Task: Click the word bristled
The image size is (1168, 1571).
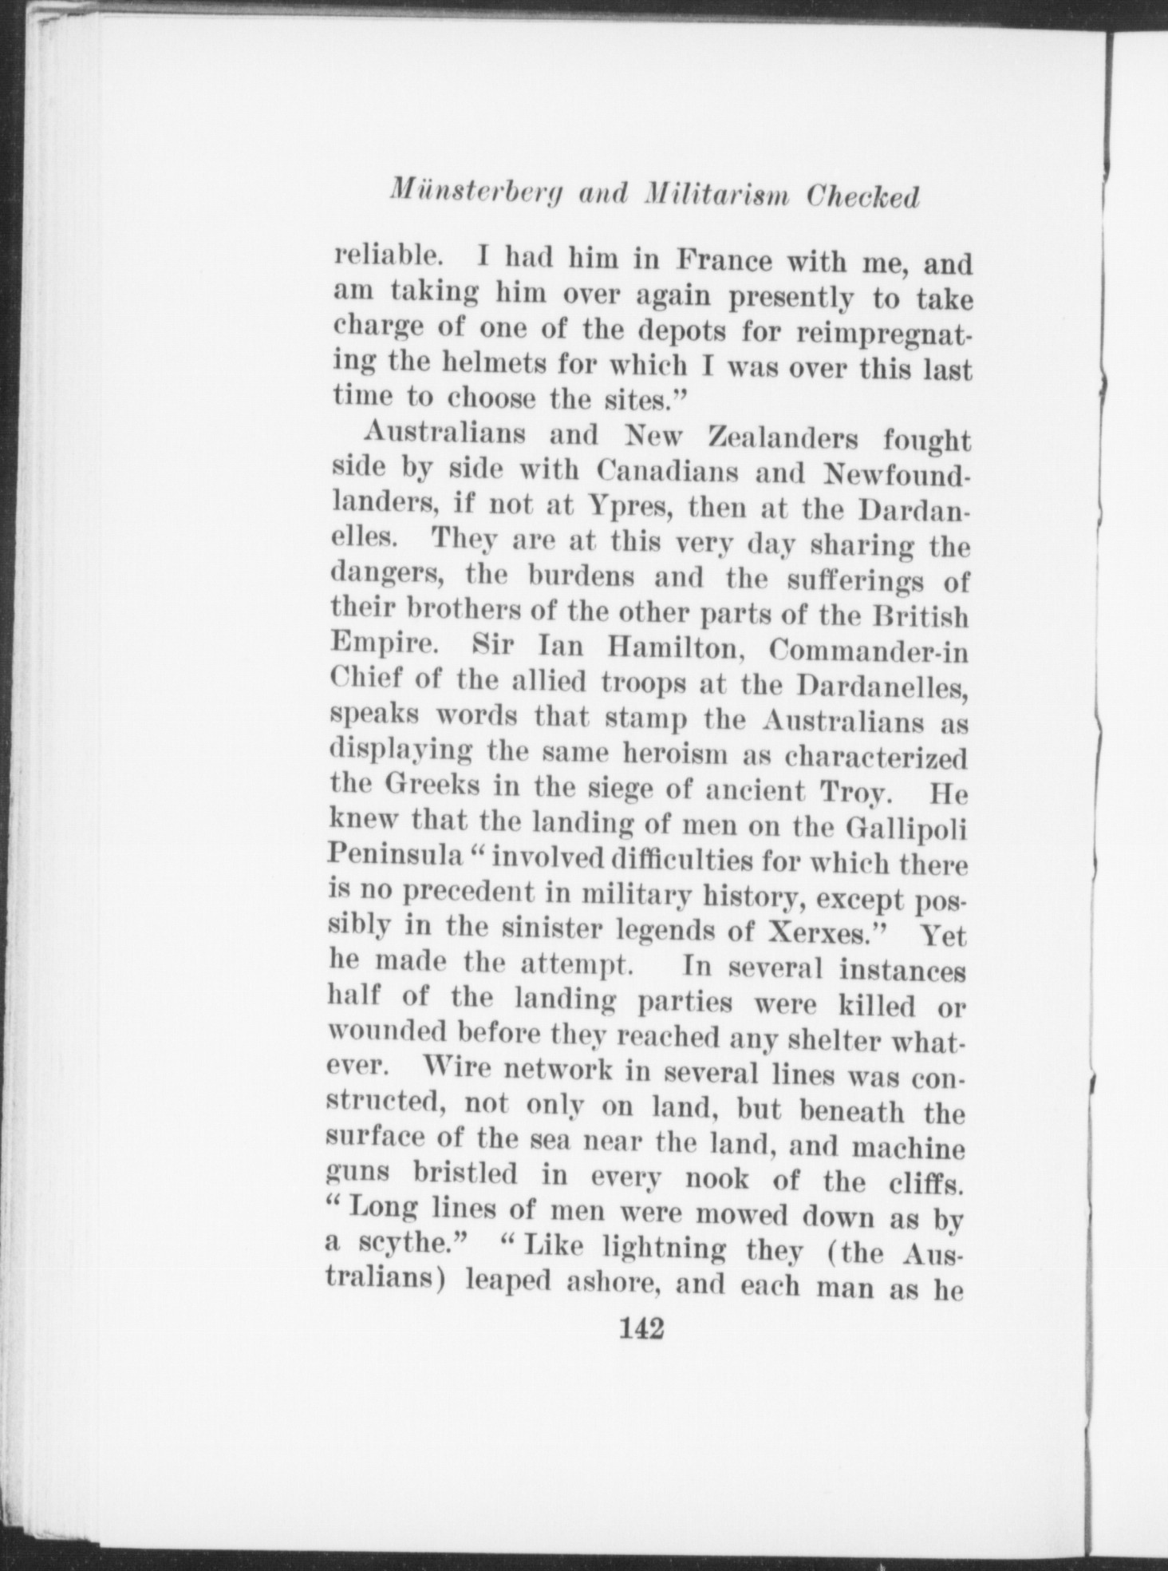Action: point(465,1173)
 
